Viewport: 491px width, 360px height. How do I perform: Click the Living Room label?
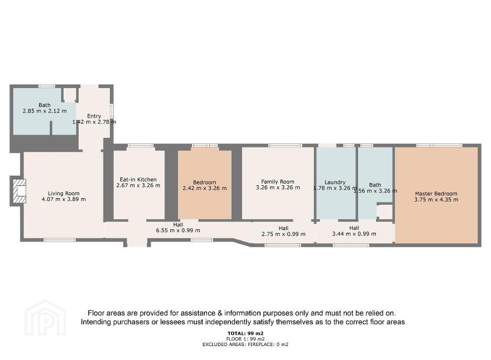64,193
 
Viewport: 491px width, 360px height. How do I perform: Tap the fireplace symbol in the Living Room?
20,191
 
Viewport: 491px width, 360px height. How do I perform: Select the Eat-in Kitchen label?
138,180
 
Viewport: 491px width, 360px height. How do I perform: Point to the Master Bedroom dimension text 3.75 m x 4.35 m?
436,200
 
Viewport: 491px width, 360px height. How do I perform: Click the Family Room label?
278,181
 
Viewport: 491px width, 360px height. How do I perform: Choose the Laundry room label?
335,182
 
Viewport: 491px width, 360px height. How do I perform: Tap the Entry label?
94,116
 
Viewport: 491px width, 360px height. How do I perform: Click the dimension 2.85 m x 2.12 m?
45,111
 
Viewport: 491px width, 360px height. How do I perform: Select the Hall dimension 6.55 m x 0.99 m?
178,231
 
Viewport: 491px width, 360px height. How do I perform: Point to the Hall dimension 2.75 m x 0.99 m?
283,234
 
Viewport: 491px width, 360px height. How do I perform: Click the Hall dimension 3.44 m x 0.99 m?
354,234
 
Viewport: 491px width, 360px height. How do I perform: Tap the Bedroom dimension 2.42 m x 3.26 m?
204,188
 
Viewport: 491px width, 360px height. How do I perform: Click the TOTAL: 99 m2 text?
245,333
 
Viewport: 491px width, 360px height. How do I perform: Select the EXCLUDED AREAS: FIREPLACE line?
245,344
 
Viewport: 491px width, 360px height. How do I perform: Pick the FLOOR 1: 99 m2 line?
245,339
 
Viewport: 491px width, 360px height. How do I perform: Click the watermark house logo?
45,318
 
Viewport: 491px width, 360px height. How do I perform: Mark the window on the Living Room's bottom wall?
60,240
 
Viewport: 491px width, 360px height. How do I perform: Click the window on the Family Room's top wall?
285,145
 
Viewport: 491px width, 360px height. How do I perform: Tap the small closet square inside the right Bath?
385,212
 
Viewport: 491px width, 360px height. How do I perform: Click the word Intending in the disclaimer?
95,322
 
